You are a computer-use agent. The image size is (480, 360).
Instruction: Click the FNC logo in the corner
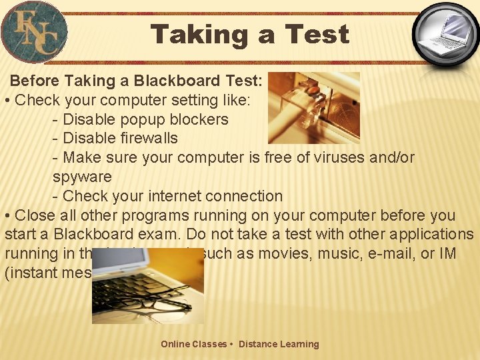point(34,31)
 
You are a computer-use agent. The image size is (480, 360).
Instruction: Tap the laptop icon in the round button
point(445,33)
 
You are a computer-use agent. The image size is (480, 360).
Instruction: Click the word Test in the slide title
point(317,34)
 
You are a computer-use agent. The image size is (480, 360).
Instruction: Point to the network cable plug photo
point(313,107)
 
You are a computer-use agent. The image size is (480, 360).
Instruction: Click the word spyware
point(82,177)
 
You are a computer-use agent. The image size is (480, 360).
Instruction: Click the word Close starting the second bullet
point(35,216)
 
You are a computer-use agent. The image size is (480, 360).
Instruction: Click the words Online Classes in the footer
point(193,345)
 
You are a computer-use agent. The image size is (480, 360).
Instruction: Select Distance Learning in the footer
point(279,345)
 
